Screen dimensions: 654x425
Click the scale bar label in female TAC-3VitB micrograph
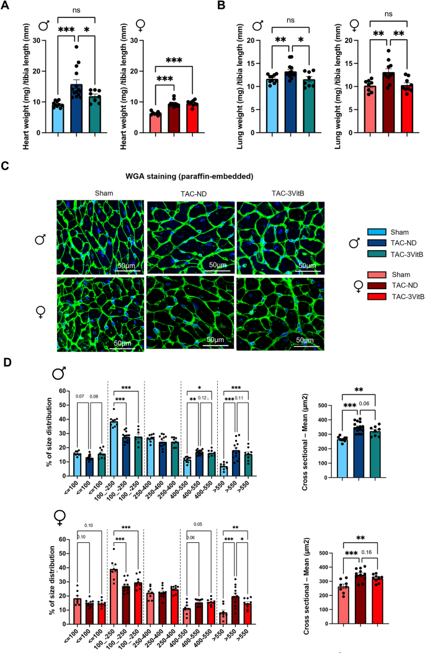pos(304,340)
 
